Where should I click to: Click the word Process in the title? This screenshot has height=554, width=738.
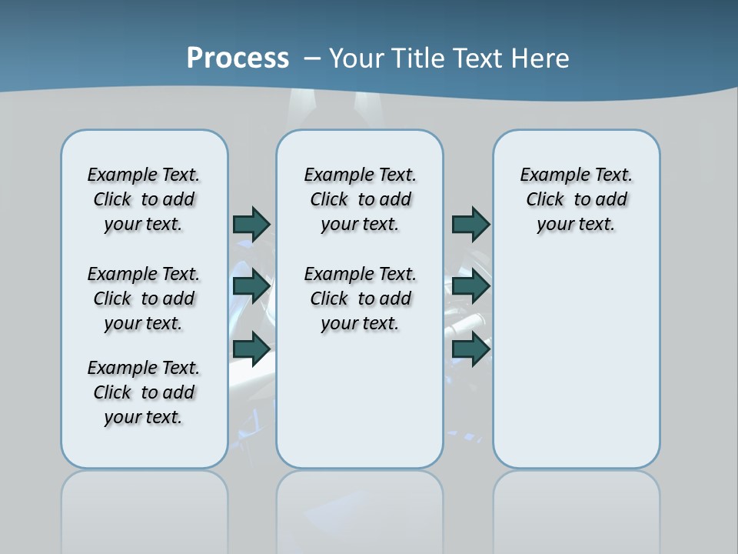[x=238, y=58]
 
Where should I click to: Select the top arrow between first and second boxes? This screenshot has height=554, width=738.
[x=251, y=224]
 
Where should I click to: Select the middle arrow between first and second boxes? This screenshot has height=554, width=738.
[x=251, y=286]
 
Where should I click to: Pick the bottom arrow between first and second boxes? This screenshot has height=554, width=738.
[x=251, y=349]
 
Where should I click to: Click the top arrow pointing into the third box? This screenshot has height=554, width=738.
[x=470, y=224]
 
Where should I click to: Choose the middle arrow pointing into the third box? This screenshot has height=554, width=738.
[x=470, y=286]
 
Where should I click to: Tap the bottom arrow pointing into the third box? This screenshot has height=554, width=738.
[x=470, y=349]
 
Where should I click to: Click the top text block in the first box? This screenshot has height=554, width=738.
[x=144, y=199]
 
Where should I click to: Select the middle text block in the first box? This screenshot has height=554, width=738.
[x=144, y=299]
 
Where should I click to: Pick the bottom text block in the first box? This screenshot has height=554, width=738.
[x=144, y=392]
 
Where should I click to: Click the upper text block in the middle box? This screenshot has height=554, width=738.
[x=360, y=199]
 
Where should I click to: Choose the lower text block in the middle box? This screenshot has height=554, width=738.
[x=360, y=299]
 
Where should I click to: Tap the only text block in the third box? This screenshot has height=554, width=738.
[x=576, y=199]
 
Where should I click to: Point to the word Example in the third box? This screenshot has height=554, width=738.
[x=551, y=175]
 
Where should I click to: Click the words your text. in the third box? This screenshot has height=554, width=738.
[x=576, y=225]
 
